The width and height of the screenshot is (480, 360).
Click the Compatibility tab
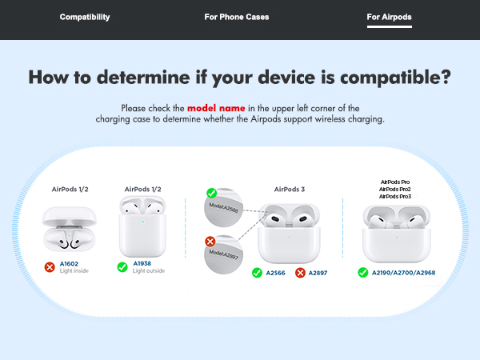[x=85, y=17]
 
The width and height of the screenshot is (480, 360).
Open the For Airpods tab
[x=390, y=17]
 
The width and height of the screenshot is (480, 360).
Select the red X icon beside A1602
[x=50, y=266]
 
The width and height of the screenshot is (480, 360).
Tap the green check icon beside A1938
[x=122, y=266]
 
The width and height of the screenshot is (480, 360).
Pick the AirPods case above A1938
[x=142, y=233]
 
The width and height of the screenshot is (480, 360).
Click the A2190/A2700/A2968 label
[x=405, y=273]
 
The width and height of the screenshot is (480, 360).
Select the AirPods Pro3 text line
[x=395, y=196]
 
